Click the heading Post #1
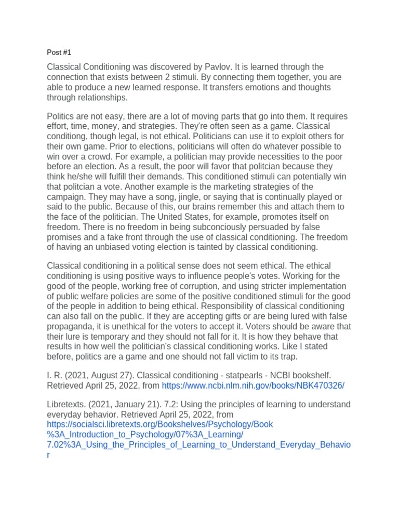pos(59,52)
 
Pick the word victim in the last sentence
pos(265,356)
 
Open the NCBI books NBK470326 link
pos(253,385)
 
